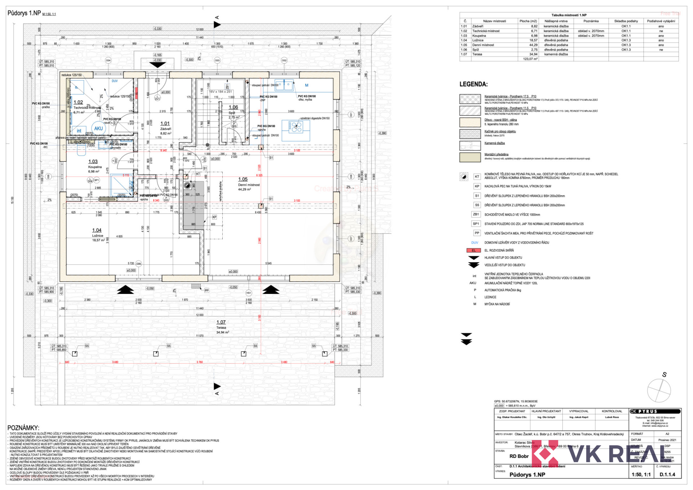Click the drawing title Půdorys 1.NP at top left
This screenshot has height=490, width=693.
[x=24, y=13]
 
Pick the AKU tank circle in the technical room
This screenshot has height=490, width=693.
[x=98, y=128]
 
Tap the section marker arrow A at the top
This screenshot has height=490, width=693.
[x=217, y=25]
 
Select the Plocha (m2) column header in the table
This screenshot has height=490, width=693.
[x=528, y=21]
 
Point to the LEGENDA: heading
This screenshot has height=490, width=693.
[x=473, y=84]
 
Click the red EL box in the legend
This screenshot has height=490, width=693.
[x=474, y=250]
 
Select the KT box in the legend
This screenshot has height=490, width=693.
[x=477, y=177]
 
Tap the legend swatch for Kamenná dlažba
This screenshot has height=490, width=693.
[x=470, y=145]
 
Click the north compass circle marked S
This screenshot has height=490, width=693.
[x=659, y=390]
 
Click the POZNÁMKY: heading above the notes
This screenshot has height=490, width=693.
[x=23, y=428]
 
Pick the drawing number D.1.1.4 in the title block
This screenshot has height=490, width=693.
[x=667, y=474]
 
